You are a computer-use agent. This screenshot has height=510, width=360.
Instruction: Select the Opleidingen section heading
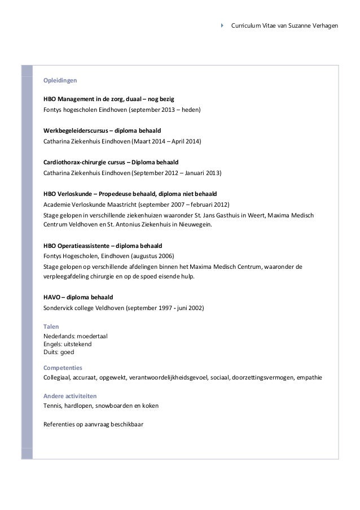tap(55, 80)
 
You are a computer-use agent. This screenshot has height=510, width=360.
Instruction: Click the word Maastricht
tap(116, 204)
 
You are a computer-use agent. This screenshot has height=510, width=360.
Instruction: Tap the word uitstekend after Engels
tap(82, 343)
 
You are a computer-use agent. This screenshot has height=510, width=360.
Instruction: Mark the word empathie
tap(309, 377)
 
